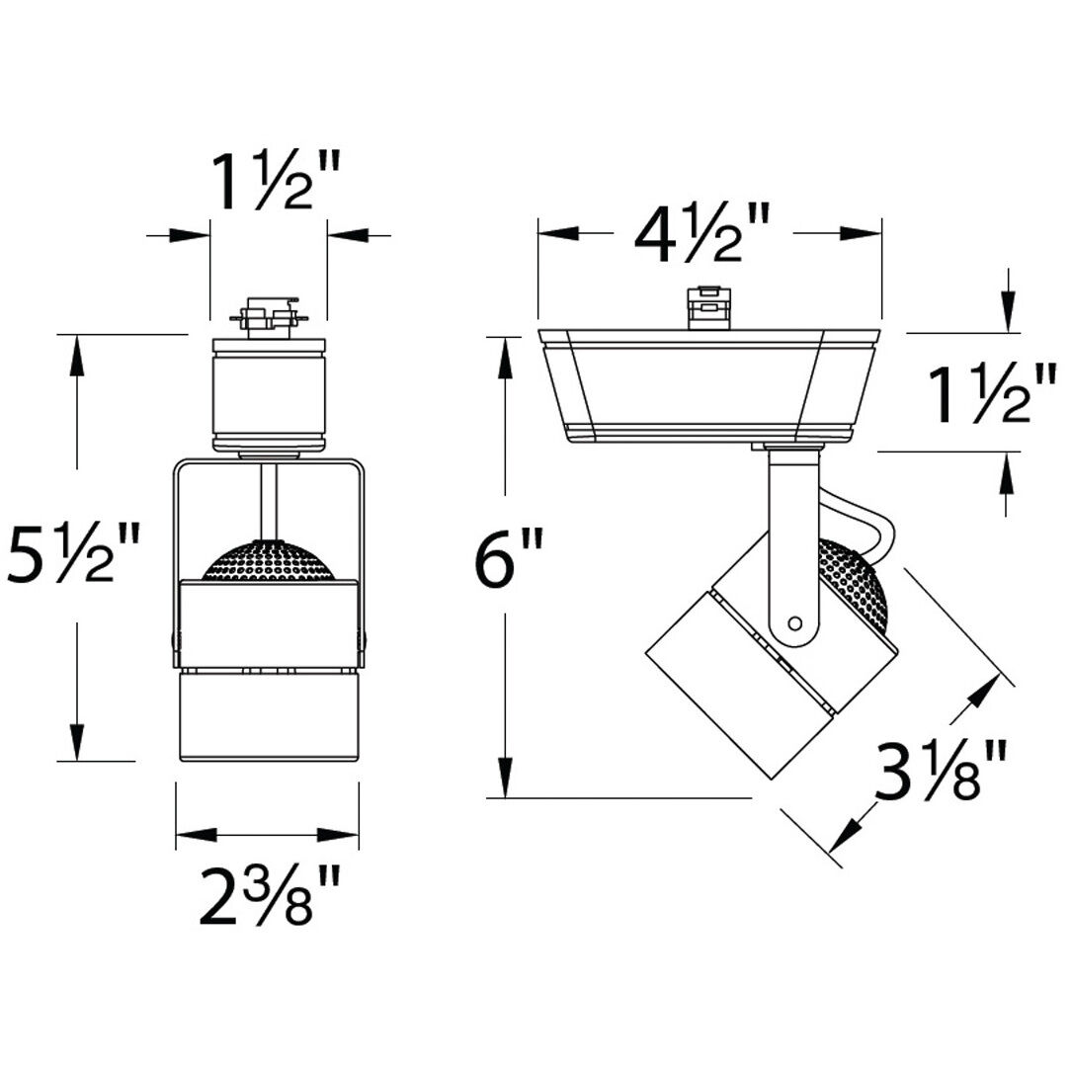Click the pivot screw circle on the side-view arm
tap(794, 622)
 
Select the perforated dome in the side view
tap(858, 583)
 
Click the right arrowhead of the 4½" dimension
tap(860, 234)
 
